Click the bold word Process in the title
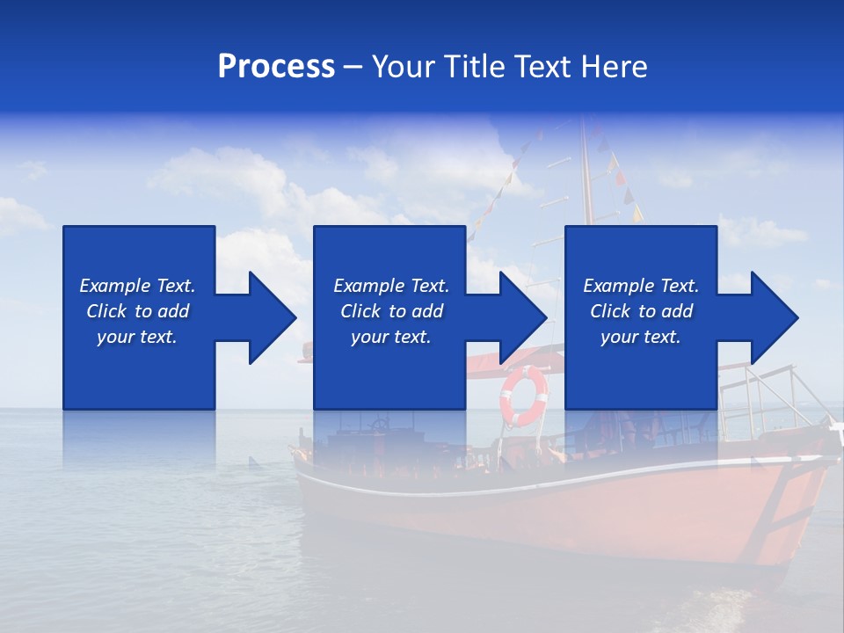coord(276,67)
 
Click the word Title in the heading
coord(475,67)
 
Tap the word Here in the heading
coord(614,67)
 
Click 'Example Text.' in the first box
coord(137,286)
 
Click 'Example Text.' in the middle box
coord(391,286)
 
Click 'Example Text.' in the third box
coord(641,286)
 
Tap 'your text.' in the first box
coord(137,337)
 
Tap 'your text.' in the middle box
coord(391,337)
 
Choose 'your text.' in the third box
coord(641,337)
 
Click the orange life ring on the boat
coord(524,396)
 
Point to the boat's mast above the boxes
coord(585,176)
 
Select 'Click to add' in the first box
coord(137,311)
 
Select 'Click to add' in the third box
coord(641,311)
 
